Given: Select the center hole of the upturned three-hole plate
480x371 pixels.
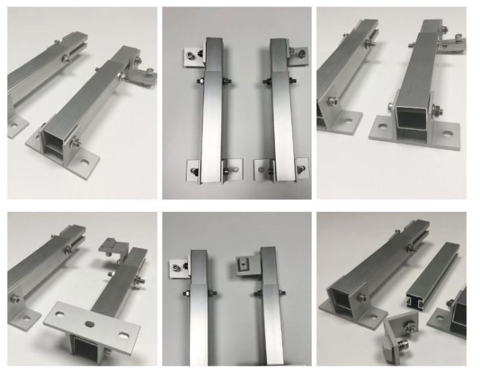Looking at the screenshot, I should tap(90, 323).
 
